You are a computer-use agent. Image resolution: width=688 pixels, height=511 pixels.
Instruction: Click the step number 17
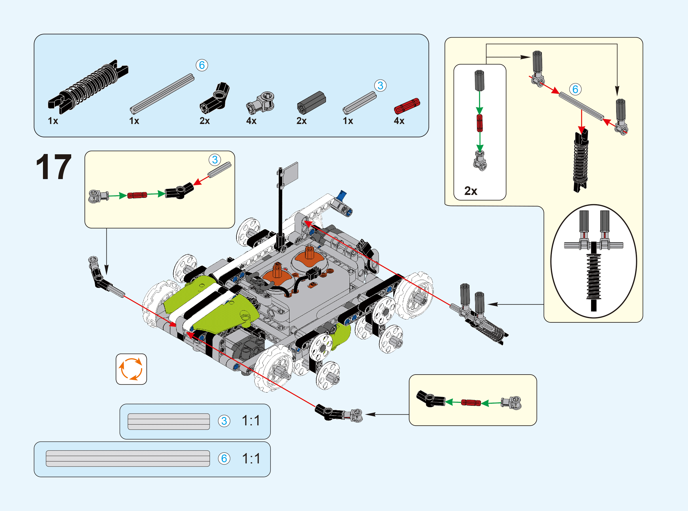[x=54, y=167]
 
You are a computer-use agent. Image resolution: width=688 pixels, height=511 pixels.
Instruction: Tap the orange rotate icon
[x=131, y=369]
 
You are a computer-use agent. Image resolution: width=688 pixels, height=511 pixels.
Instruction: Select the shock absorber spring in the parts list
[x=88, y=86]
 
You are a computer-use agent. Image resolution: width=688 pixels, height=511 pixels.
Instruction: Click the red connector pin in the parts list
[x=407, y=106]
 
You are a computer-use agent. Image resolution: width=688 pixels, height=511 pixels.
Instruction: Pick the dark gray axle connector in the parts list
[x=311, y=103]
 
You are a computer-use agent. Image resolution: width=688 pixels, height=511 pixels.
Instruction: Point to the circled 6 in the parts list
[x=202, y=65]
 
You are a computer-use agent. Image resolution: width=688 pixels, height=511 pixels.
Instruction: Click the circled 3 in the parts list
[x=380, y=86]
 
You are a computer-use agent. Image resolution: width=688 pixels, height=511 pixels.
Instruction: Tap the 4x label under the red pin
[x=399, y=121]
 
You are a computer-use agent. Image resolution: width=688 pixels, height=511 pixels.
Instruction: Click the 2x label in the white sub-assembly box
[x=471, y=191]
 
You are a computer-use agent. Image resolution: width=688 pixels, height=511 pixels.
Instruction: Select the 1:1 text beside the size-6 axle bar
[x=251, y=459]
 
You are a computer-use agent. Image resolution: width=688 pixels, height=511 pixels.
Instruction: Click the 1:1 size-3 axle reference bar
[x=168, y=421]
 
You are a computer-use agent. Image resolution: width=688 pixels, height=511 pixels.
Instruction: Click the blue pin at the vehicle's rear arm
[x=342, y=195]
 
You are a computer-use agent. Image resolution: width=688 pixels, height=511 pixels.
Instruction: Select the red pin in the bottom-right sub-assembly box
[x=471, y=403]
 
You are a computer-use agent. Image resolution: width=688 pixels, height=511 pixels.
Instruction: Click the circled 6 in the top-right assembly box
[x=575, y=89]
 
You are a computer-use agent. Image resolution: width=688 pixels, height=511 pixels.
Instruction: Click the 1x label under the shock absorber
[x=53, y=121]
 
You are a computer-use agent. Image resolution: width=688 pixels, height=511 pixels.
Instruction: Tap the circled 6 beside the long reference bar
[x=224, y=459]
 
